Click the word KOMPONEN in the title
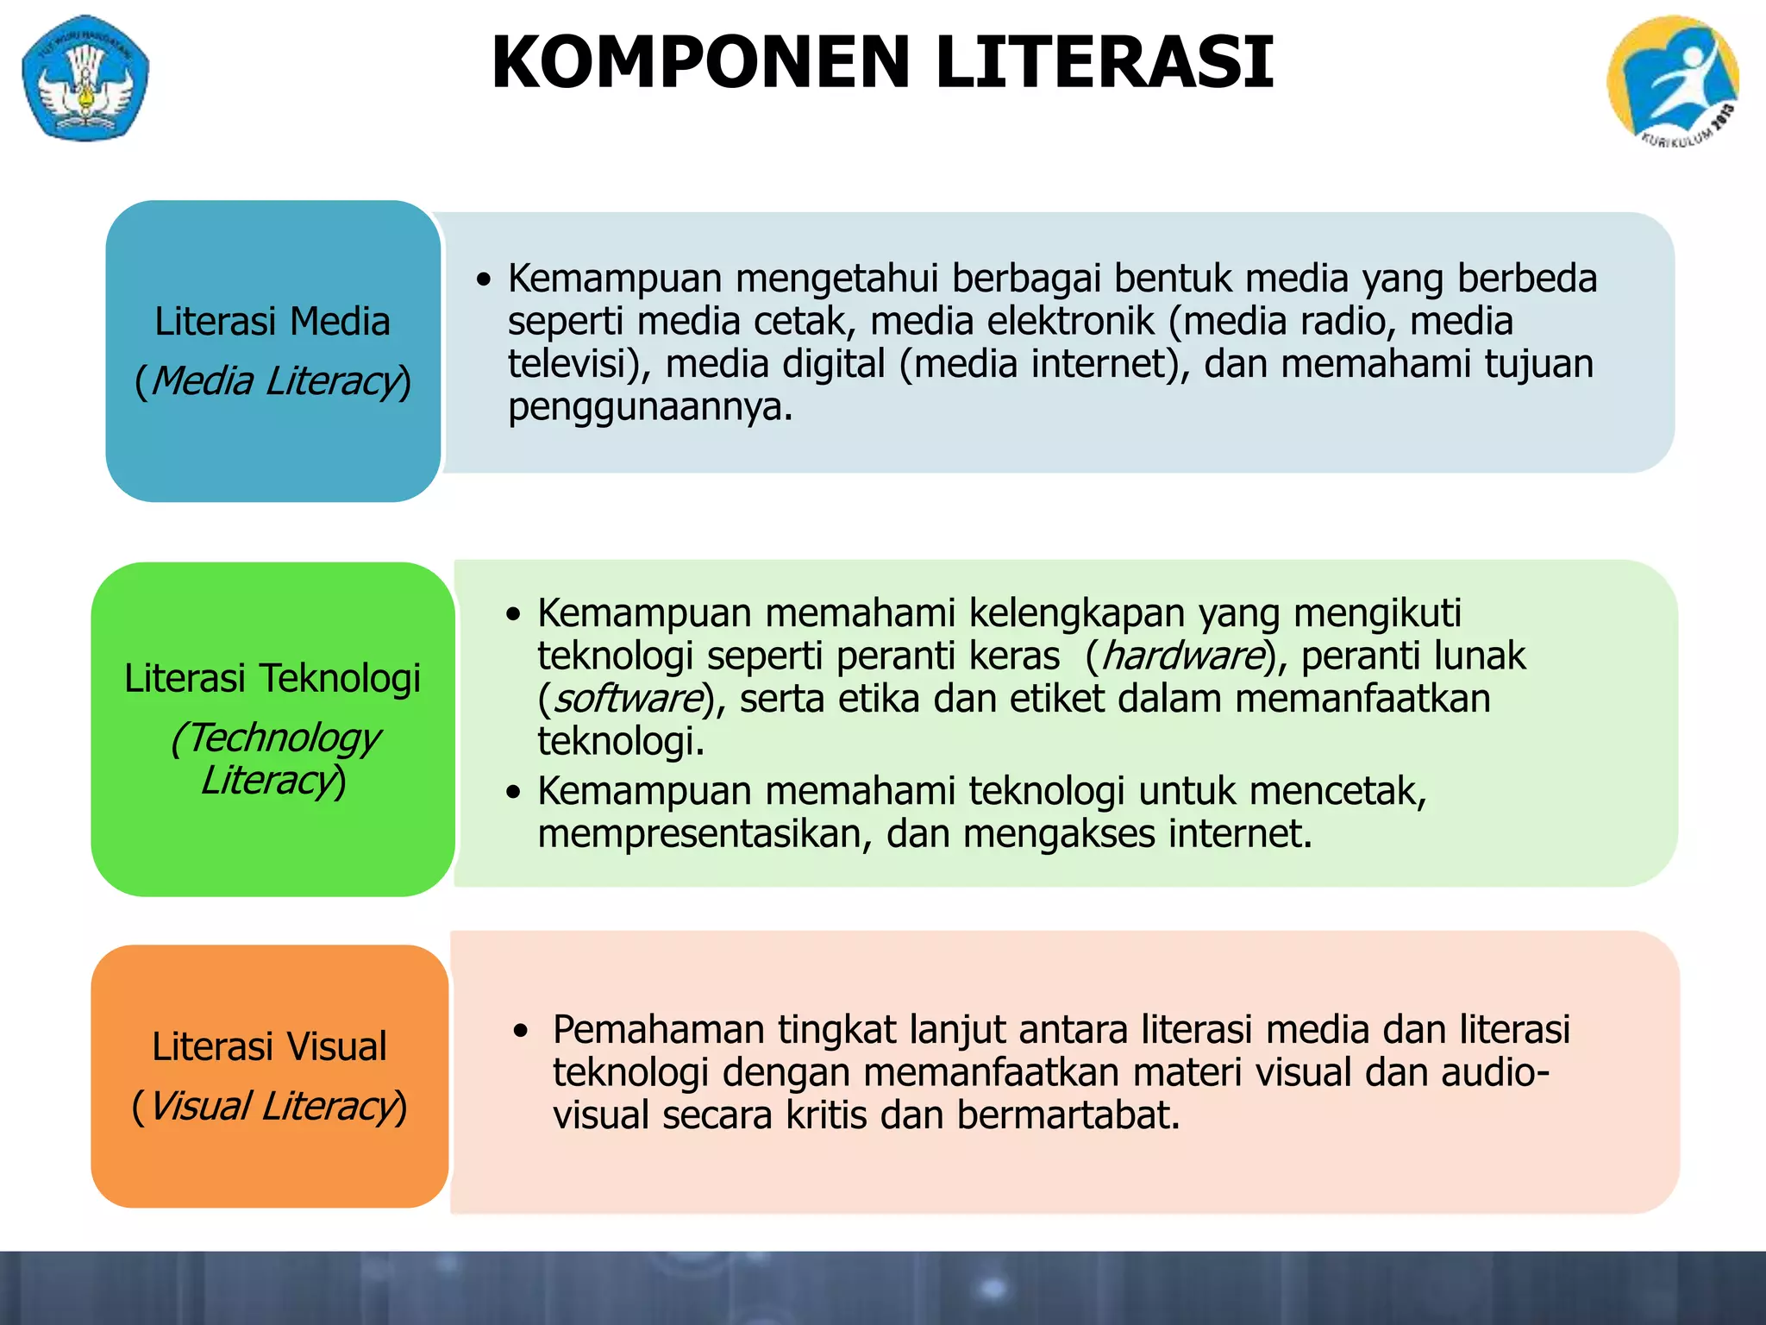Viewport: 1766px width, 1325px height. [700, 62]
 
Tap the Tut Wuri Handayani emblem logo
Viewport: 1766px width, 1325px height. [85, 78]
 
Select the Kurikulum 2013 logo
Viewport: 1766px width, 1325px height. [1672, 80]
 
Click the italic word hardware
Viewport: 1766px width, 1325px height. [1182, 656]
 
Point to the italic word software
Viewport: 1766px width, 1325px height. [628, 699]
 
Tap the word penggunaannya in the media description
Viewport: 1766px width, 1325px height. [648, 406]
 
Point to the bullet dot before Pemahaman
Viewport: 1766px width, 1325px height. [520, 1031]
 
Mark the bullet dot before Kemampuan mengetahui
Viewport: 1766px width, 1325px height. [485, 279]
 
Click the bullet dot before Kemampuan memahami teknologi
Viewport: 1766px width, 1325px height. [515, 792]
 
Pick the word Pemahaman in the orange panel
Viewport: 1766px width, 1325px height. [659, 1030]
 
